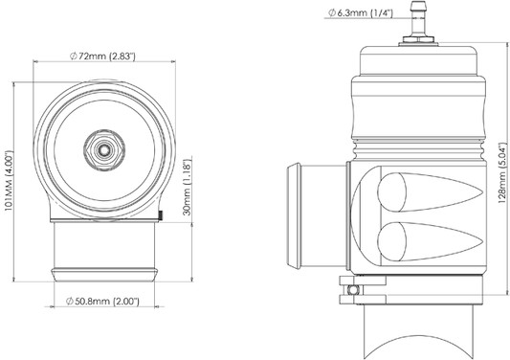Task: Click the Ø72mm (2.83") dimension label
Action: click(102, 56)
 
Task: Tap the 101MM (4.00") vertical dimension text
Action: click(9, 181)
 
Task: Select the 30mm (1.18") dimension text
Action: click(188, 187)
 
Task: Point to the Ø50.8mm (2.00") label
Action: click(102, 301)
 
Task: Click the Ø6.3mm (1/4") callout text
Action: click(361, 13)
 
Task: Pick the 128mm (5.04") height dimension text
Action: click(502, 173)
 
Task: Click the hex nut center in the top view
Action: click(104, 149)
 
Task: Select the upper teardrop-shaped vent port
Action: click(430, 192)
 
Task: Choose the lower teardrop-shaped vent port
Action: click(430, 242)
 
